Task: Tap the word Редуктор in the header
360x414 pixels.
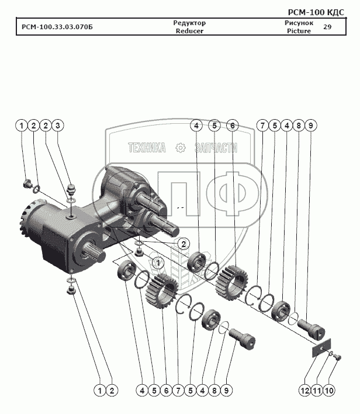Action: point(189,23)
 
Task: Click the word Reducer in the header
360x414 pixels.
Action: point(189,31)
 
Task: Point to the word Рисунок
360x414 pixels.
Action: point(299,23)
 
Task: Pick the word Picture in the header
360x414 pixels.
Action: point(299,31)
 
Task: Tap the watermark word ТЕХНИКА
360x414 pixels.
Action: point(147,148)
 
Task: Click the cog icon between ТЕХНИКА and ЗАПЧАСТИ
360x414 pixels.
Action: point(181,148)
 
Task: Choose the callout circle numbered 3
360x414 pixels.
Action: point(58,126)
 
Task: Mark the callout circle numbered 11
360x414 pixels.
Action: point(316,389)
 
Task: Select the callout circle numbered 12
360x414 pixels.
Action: point(304,389)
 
